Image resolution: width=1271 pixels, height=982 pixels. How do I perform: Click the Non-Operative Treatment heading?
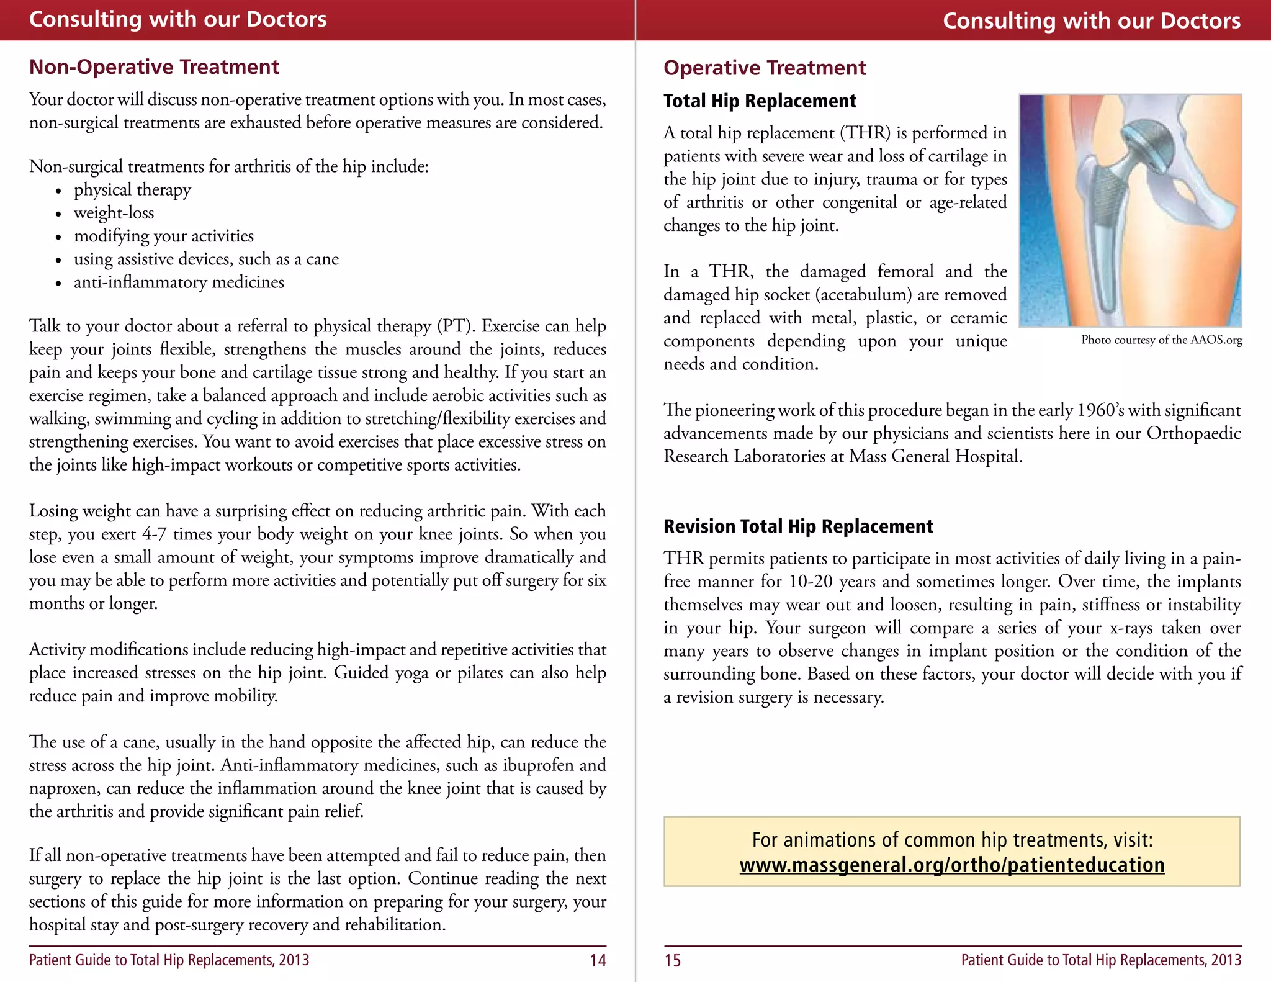click(154, 67)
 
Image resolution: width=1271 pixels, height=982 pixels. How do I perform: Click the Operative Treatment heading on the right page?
click(765, 68)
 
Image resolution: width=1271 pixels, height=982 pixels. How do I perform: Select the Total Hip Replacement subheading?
click(760, 101)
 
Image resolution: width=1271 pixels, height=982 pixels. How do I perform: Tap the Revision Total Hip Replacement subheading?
click(798, 526)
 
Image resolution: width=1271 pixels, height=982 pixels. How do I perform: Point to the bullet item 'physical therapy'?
click(132, 190)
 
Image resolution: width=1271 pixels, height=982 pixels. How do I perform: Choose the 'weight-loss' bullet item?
click(114, 213)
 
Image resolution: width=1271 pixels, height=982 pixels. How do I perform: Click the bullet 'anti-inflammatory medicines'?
click(179, 282)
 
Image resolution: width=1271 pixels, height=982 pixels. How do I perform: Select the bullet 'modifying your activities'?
click(164, 236)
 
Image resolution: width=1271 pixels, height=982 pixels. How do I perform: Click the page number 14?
click(598, 961)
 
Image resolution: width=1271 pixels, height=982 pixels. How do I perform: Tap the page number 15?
click(673, 961)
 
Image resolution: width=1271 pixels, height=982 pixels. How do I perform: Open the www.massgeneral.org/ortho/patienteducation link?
click(952, 865)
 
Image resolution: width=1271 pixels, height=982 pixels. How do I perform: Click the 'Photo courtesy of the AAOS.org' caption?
click(1161, 340)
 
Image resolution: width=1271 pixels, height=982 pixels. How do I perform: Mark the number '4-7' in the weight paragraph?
click(154, 534)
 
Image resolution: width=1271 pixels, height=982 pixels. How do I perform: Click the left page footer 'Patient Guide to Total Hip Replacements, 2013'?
click(169, 960)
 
